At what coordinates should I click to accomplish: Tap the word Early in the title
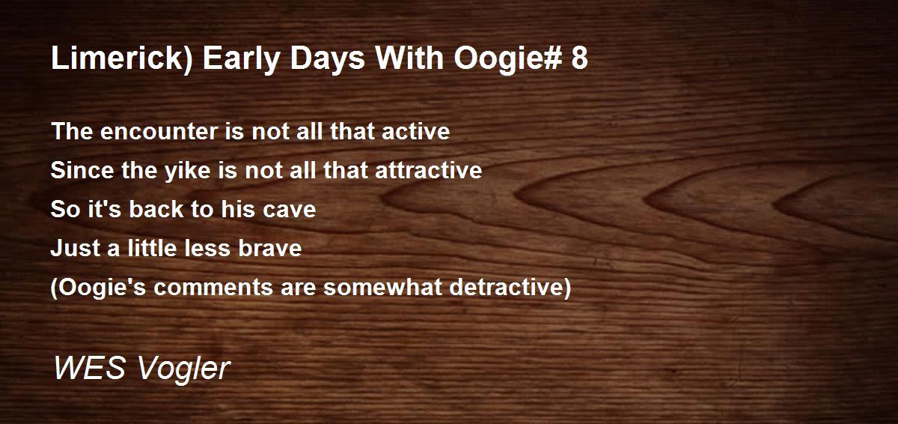241,60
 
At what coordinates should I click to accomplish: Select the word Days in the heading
328,60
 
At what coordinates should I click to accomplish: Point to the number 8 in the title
580,58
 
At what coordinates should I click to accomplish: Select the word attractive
428,170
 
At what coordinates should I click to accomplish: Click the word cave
289,211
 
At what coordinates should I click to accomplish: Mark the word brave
270,248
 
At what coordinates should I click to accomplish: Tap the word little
152,248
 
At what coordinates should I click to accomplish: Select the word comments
213,288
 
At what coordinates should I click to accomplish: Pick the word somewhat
382,287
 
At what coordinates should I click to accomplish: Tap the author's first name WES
90,368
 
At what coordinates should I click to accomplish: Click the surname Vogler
183,370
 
